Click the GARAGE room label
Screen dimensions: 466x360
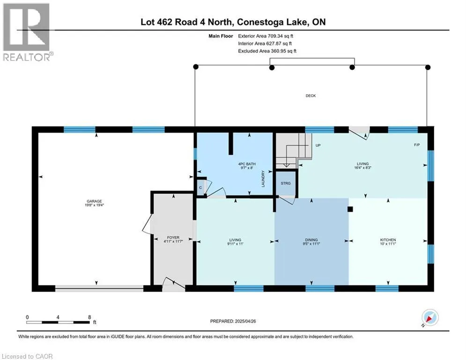coord(94,201)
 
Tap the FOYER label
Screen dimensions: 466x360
coord(173,237)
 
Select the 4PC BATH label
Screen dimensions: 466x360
coord(247,164)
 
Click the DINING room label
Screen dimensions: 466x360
coord(311,240)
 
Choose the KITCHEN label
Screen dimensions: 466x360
coord(388,240)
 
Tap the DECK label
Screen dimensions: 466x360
coord(311,96)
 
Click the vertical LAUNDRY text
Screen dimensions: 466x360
coord(263,179)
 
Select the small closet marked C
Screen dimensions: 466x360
coord(201,187)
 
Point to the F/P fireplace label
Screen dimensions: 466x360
coord(417,145)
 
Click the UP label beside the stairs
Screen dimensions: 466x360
coord(318,145)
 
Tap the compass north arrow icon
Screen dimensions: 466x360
coord(430,317)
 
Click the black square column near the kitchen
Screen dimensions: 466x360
coord(350,209)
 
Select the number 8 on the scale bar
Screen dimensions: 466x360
coord(89,317)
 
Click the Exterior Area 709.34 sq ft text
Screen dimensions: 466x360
coord(266,36)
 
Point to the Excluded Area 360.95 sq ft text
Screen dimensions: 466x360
coord(267,51)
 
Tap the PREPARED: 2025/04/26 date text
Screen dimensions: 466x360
coord(233,321)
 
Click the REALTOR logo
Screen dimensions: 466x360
coord(27,32)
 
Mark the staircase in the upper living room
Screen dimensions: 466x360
coord(294,151)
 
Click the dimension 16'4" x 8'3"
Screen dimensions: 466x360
coord(362,168)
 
